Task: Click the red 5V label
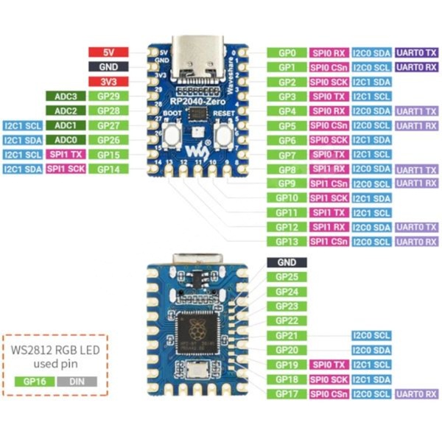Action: click(108, 52)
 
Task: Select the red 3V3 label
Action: click(108, 81)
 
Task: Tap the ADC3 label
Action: click(66, 96)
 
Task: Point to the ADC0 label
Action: click(66, 139)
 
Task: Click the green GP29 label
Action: click(108, 96)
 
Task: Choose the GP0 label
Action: click(287, 53)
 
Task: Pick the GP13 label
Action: click(287, 241)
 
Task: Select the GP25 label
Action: click(287, 277)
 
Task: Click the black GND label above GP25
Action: click(287, 262)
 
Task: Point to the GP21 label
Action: click(287, 335)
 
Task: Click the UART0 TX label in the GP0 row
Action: click(417, 53)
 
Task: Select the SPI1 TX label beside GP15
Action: click(66, 154)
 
